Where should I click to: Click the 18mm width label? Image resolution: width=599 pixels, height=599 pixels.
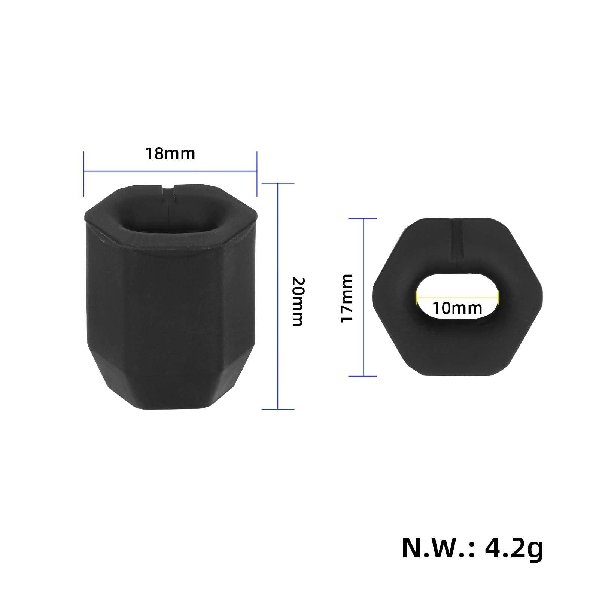[170, 154]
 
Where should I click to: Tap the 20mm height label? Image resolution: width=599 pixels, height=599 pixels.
[298, 301]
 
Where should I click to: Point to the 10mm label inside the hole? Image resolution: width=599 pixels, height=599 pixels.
[457, 308]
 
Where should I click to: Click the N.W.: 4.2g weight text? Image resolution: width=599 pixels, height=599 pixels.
[472, 549]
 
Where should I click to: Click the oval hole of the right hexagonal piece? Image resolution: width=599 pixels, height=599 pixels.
[457, 298]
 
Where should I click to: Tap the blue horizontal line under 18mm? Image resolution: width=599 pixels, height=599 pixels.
[170, 172]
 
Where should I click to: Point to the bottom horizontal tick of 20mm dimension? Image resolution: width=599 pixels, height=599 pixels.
[278, 409]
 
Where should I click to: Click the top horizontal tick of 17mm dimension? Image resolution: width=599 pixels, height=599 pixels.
[363, 218]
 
